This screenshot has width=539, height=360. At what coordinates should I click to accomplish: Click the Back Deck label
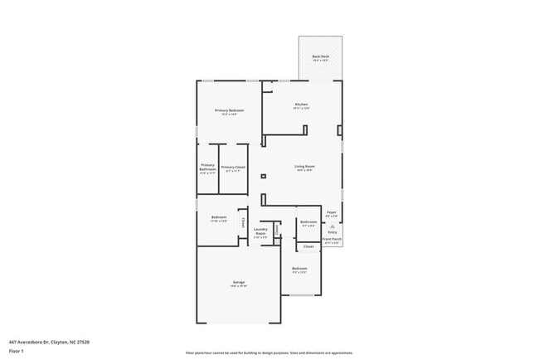coord(321,58)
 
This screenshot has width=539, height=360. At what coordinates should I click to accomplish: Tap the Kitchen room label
coord(300,105)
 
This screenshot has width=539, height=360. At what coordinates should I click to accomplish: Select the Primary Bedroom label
coord(229,112)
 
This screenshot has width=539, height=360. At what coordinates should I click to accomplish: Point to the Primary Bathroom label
coord(207,168)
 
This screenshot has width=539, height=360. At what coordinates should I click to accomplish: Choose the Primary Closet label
coord(233,168)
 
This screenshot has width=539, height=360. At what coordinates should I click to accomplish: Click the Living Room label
coord(304,168)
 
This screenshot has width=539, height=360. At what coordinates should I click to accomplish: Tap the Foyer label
coord(332,215)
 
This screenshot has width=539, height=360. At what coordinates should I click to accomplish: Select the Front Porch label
coord(332,241)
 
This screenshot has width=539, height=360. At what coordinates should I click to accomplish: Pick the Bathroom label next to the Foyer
coord(308,223)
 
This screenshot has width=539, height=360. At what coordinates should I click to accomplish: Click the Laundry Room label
coord(260,232)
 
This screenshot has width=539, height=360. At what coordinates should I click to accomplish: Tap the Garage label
coord(238,284)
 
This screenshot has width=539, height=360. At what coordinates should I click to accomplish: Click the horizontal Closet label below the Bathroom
coord(308,246)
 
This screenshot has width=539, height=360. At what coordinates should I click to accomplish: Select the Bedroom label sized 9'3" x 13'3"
coord(299,270)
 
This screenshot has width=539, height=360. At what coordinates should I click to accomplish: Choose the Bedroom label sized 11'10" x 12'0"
coord(219,219)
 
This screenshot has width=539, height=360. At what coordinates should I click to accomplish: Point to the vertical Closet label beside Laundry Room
coord(243,222)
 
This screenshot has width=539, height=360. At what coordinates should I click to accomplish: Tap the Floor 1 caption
coord(17,352)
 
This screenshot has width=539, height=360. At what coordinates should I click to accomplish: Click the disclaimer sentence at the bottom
coord(269,352)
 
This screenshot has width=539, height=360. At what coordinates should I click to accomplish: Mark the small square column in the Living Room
coord(263,176)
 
